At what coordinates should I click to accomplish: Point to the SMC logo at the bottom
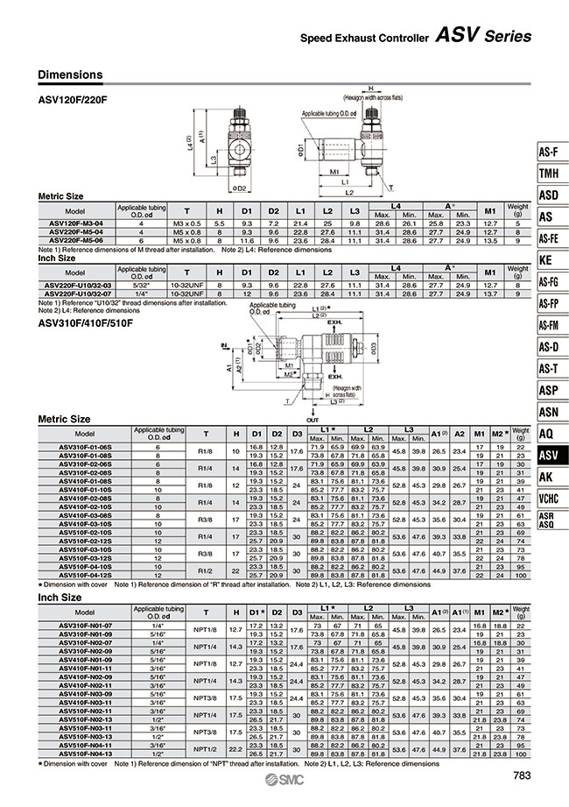point(285,782)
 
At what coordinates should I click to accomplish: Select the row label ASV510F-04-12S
point(84,575)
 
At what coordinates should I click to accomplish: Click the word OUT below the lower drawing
point(313,407)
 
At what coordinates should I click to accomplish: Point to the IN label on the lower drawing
point(224,346)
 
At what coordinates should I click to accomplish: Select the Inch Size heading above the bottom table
point(59,597)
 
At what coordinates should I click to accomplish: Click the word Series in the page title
point(507,36)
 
